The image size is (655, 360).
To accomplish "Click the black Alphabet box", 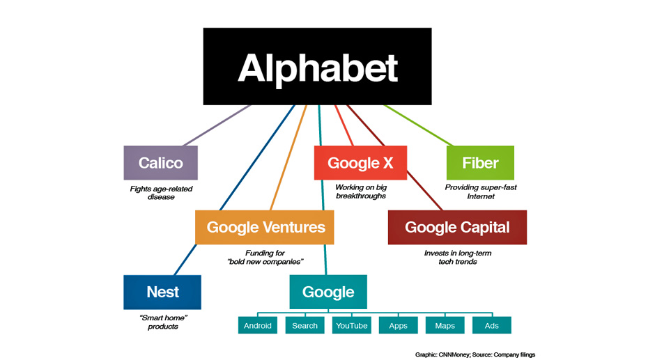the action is [x=318, y=66].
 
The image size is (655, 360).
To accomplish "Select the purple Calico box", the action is [x=161, y=163].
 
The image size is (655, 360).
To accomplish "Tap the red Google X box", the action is [x=360, y=163].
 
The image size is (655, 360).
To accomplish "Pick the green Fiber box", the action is [x=480, y=163].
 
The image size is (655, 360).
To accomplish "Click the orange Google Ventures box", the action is [x=265, y=227].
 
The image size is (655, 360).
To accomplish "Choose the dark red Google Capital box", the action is [x=457, y=227].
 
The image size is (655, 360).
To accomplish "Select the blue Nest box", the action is [x=162, y=292].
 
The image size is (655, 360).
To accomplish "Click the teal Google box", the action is [x=328, y=292].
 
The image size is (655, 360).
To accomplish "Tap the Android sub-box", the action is [x=258, y=325].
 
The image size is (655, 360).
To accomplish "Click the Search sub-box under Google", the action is [x=305, y=325].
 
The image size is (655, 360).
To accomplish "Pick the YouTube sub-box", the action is [x=352, y=325].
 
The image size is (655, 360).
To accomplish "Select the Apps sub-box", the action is [x=398, y=325].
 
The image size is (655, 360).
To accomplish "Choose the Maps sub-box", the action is [x=445, y=325].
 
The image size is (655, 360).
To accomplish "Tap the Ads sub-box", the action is [x=492, y=325].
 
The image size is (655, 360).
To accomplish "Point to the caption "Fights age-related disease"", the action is [x=161, y=193].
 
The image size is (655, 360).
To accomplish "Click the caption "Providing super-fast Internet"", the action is [x=481, y=191].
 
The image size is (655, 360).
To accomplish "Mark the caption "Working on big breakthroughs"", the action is [x=361, y=191].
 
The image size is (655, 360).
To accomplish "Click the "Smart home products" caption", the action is [x=163, y=322].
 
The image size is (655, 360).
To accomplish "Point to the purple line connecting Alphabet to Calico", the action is [x=217, y=125].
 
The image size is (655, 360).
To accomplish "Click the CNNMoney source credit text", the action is [x=475, y=354].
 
